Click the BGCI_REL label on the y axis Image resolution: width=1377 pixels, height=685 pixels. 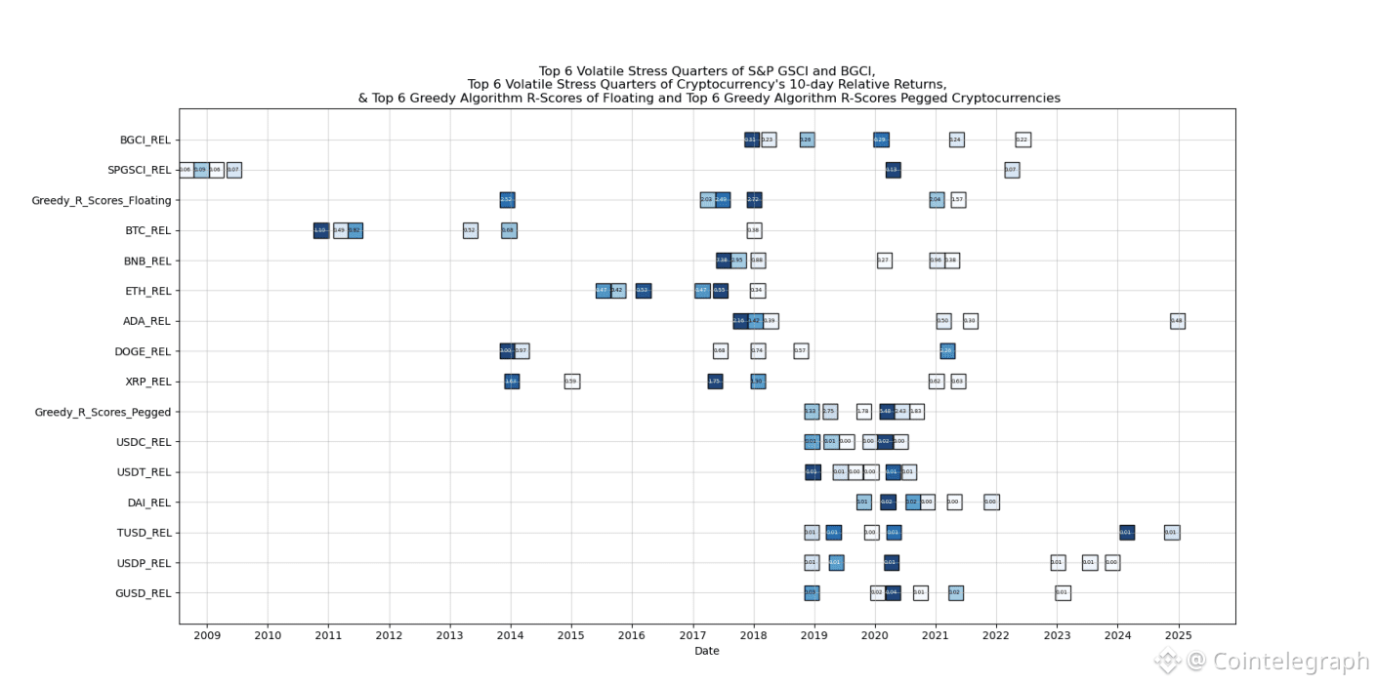pos(145,140)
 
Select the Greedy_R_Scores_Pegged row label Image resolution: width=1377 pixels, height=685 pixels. pos(103,412)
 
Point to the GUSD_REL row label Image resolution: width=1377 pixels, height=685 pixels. pos(145,593)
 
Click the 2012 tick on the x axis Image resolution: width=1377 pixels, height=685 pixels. pos(389,636)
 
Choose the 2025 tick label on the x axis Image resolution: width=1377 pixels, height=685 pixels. pos(1178,636)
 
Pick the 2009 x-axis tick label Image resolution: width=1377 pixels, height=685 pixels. pos(207,636)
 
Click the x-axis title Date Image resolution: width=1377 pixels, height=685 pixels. pos(706,651)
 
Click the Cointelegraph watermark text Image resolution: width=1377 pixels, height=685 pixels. pos(1289,662)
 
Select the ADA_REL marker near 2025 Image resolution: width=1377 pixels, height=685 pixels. pos(1177,321)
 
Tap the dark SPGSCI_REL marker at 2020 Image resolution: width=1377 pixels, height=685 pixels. pos(893,170)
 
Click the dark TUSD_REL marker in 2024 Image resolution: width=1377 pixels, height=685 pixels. pos(1126,533)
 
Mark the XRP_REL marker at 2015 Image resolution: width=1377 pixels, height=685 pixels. pos(571,382)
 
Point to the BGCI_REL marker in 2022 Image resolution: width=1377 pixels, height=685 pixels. pos(1022,140)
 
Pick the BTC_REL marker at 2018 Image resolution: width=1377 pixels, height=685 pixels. pos(754,230)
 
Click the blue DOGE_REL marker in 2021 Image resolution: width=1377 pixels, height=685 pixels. pos(946,351)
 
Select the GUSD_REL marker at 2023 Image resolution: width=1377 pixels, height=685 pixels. pos(1063,593)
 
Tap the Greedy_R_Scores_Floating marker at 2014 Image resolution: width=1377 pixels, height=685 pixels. pos(507,200)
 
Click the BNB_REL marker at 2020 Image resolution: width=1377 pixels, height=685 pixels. pos(884,261)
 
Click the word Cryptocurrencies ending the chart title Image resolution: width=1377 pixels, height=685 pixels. pos(1006,99)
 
